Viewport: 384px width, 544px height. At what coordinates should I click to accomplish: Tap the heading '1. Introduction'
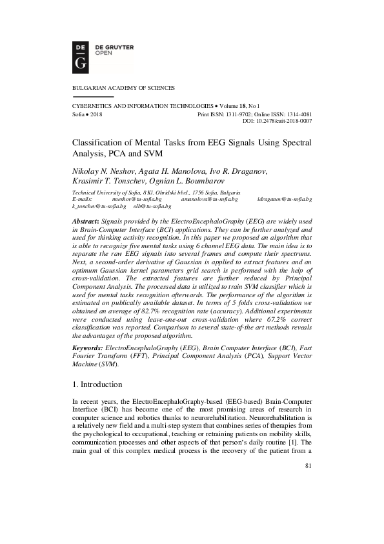(x=101, y=384)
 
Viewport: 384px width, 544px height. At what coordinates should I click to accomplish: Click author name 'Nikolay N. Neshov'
(x=100, y=171)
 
